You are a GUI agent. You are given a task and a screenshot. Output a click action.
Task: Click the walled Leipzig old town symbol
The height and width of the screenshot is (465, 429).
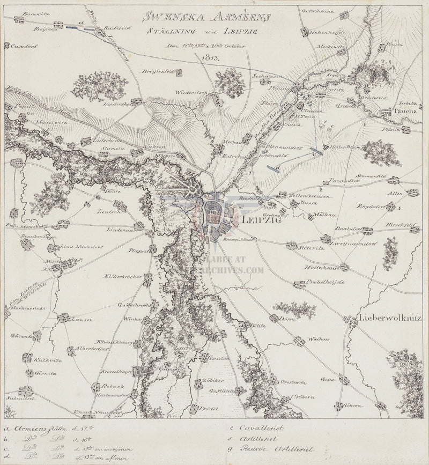click(x=214, y=213)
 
